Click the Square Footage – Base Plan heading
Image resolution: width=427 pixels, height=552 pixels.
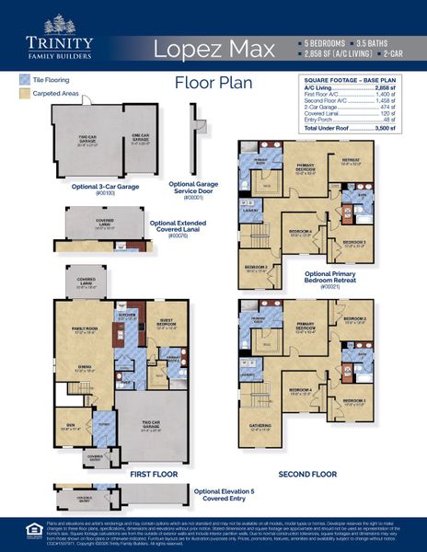click(357, 80)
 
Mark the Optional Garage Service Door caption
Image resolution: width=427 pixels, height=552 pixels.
click(193, 189)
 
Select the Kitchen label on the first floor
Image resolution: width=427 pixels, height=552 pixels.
click(127, 314)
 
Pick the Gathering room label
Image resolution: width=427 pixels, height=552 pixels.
click(261, 426)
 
